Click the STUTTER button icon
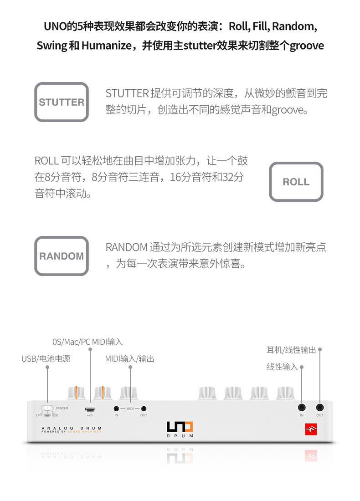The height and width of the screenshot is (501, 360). coord(62,102)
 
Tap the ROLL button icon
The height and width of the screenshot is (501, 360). coord(296,182)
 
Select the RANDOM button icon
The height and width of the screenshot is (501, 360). coord(62,256)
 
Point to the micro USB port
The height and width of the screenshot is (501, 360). coord(90,409)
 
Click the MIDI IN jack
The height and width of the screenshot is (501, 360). coord(116,409)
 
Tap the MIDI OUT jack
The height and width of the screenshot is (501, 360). coord(144,409)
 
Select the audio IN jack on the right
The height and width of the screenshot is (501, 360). coord(302,408)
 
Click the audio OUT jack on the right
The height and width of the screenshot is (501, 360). coord(320,408)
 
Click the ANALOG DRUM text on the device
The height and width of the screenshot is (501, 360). coord(71,428)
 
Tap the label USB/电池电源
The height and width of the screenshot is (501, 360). coord(46,359)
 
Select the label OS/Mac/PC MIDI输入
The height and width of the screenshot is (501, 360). coord(87,342)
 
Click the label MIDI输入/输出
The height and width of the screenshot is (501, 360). coord(130,359)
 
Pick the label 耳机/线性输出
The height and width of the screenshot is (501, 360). coord(291,350)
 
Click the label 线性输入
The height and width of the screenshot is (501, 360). coord(282,367)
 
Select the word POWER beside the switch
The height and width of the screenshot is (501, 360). coord(62,408)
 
